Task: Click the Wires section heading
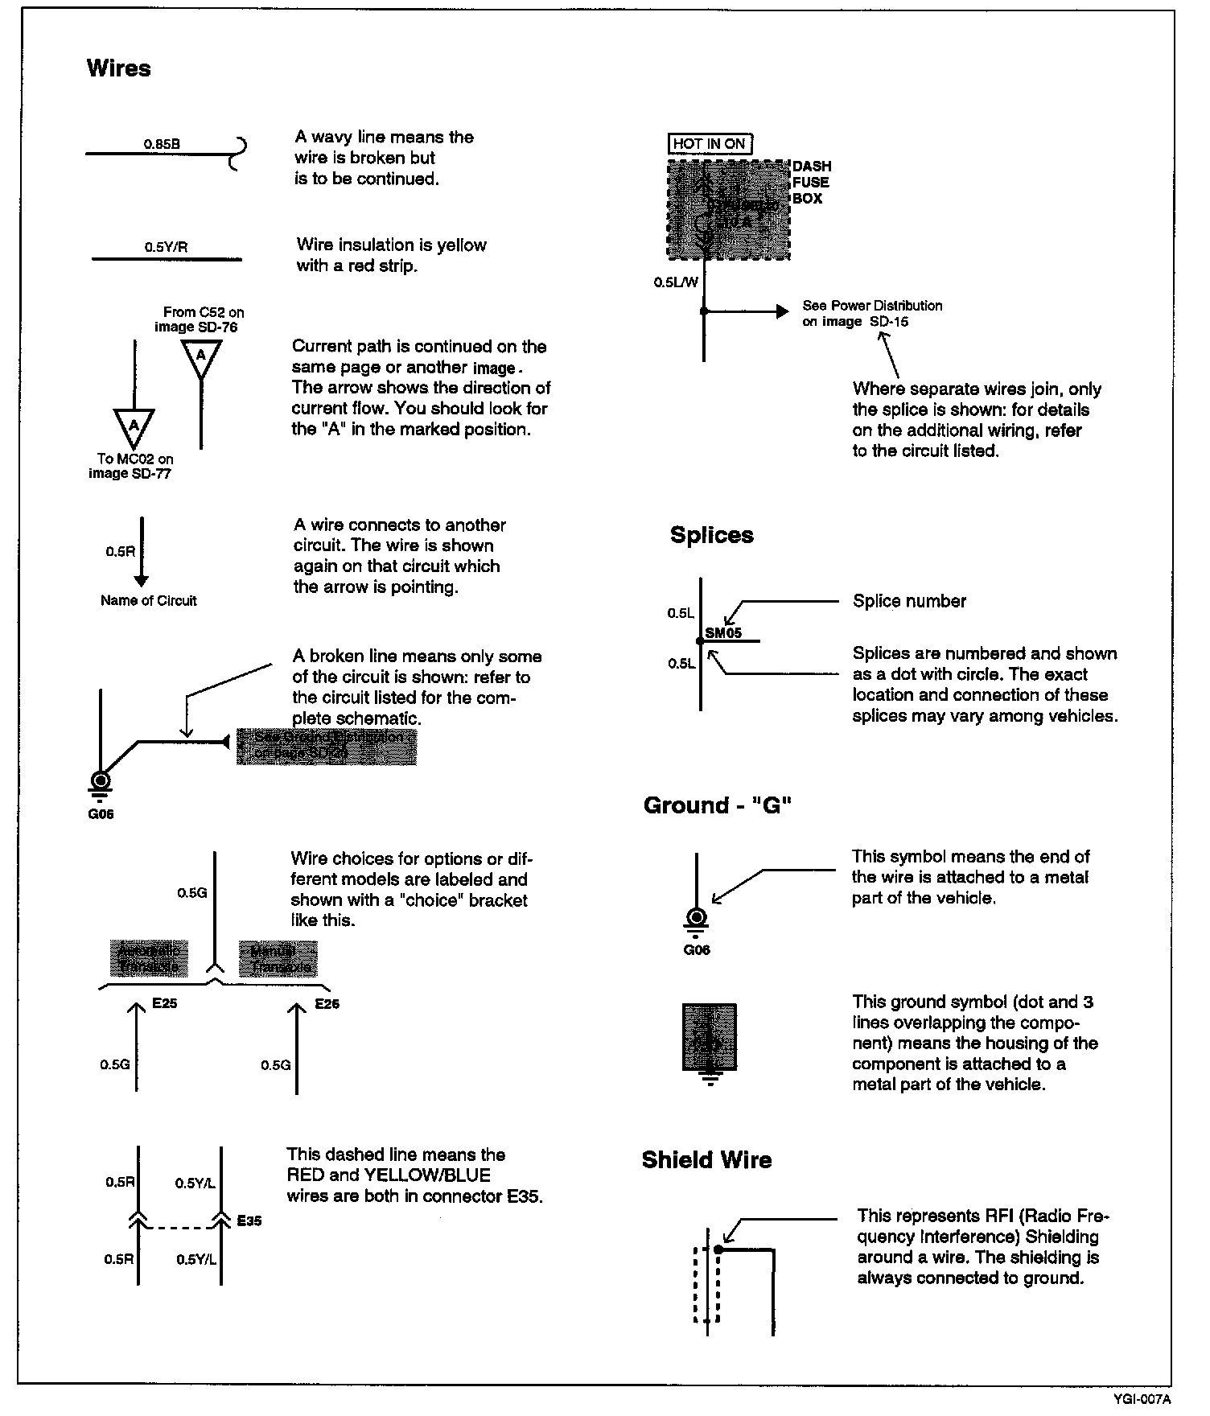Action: (118, 68)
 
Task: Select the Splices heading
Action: (711, 536)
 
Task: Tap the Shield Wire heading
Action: (706, 1160)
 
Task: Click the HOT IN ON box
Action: (709, 144)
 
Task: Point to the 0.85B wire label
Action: (162, 144)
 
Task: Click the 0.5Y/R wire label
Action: (166, 248)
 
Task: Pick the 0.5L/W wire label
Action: (676, 282)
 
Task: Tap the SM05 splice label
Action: (723, 633)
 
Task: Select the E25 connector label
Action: (164, 1004)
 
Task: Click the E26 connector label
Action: (327, 1004)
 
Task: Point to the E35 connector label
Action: (249, 1220)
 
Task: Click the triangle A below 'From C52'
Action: (201, 357)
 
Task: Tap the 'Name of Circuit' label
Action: (148, 601)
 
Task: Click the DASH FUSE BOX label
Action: (811, 183)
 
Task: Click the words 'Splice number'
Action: (909, 601)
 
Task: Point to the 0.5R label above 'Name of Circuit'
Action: (120, 552)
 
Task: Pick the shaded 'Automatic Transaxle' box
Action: (150, 959)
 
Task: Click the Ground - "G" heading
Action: (718, 806)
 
